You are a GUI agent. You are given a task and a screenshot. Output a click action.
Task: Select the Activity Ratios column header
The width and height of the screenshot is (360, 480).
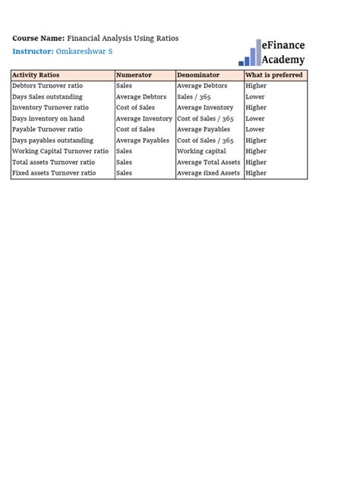(36, 75)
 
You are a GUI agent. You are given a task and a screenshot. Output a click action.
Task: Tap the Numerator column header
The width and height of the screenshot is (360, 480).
(134, 75)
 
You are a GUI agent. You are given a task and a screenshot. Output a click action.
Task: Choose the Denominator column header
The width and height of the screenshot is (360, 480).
(197, 75)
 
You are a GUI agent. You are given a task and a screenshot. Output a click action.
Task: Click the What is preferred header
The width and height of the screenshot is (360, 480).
(273, 75)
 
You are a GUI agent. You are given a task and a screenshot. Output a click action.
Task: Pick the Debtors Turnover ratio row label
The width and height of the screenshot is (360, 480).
(47, 86)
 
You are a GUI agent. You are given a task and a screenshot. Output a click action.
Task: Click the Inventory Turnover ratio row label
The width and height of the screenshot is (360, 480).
(50, 108)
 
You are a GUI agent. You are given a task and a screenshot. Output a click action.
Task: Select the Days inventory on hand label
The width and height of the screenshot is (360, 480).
(48, 118)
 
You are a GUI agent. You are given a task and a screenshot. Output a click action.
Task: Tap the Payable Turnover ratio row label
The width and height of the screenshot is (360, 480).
(47, 130)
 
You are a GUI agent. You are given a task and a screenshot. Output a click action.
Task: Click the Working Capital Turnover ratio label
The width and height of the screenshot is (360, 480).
(60, 151)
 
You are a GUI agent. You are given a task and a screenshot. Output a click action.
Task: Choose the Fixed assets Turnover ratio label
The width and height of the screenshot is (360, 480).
(54, 173)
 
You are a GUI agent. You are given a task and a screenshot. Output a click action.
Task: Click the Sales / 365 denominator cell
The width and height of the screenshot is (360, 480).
(194, 97)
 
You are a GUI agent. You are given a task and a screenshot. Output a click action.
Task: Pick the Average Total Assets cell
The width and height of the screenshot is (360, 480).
(208, 163)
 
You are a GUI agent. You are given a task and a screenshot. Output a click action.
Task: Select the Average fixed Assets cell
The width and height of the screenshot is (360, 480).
(208, 173)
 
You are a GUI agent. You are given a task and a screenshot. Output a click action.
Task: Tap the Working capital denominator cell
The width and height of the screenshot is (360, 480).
(201, 151)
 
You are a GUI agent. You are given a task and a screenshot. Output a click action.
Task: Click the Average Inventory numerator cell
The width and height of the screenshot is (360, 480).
(144, 118)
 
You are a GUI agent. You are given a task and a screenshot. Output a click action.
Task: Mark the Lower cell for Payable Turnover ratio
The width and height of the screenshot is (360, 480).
(255, 130)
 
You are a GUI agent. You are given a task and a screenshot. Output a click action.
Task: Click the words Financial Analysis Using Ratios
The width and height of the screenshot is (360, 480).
(123, 38)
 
